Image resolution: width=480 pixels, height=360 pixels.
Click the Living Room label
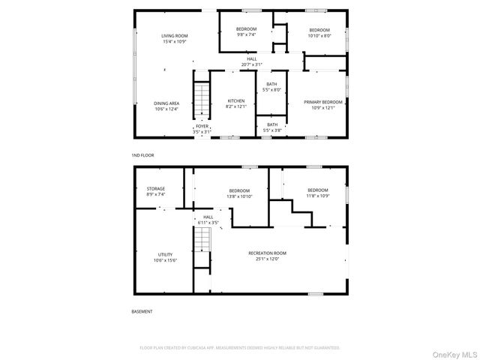click(x=174, y=38)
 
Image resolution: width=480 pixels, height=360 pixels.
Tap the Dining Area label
click(x=166, y=106)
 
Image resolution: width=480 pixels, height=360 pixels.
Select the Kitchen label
click(x=236, y=103)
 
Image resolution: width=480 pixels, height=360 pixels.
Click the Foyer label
click(x=202, y=129)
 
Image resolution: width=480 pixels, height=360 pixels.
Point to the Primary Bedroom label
click(x=322, y=104)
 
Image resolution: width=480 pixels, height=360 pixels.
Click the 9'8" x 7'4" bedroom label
click(x=247, y=31)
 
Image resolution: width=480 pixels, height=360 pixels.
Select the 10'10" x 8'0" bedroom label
click(x=319, y=31)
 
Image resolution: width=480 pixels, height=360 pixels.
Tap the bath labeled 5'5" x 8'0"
click(x=271, y=87)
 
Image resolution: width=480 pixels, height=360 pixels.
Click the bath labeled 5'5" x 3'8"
click(x=271, y=127)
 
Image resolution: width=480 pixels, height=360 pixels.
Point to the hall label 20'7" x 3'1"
click(x=253, y=61)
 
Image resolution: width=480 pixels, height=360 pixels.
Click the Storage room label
click(x=155, y=191)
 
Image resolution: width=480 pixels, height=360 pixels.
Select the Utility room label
click(x=165, y=257)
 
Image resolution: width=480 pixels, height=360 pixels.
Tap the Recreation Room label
click(x=268, y=256)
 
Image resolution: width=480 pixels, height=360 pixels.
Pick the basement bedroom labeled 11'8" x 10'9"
click(x=317, y=193)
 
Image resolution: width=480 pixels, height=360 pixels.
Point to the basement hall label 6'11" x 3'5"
click(x=208, y=220)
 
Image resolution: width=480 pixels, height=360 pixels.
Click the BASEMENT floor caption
click(x=142, y=311)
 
